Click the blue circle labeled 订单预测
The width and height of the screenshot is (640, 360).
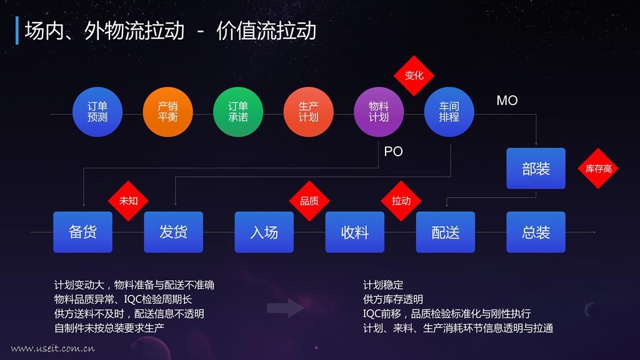[97, 112]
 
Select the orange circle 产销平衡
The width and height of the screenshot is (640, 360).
[167, 112]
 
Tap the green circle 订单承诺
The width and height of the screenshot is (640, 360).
[238, 112]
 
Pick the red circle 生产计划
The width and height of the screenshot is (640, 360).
[309, 112]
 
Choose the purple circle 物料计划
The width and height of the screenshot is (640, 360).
[379, 112]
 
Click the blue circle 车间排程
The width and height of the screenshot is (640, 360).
[449, 112]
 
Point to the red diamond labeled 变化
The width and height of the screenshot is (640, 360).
[414, 76]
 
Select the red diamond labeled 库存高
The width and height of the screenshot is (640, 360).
[598, 169]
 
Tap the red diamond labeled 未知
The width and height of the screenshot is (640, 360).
[128, 201]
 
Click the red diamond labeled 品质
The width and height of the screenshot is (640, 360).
[309, 201]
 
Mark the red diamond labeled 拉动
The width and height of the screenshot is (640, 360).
[401, 201]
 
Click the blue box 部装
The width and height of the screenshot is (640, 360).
[536, 169]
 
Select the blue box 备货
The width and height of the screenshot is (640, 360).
[83, 232]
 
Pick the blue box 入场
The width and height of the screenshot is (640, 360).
[264, 232]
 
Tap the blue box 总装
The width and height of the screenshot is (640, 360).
[536, 232]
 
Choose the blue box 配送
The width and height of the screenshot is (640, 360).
[445, 232]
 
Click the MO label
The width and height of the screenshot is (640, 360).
[507, 101]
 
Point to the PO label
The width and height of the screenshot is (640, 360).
[394, 151]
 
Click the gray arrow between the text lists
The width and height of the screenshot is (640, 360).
[286, 307]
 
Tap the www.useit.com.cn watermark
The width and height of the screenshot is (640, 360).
[53, 348]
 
